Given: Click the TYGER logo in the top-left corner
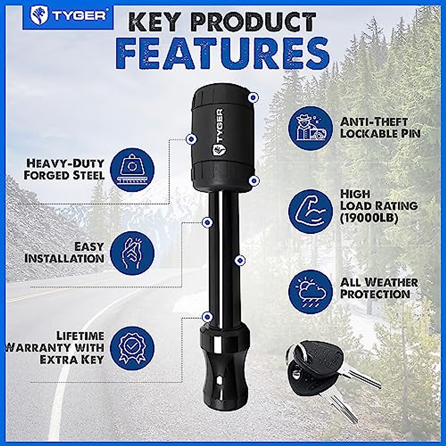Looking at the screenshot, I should [x=68, y=16].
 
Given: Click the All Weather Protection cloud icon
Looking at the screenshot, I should [x=311, y=292].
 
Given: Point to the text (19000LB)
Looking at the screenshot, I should [x=369, y=218].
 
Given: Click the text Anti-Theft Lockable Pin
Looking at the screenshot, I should [x=380, y=128].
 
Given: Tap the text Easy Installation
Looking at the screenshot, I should [x=64, y=252].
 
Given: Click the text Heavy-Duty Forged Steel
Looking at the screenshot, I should [x=64, y=169].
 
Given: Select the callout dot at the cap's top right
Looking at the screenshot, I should [x=253, y=97].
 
